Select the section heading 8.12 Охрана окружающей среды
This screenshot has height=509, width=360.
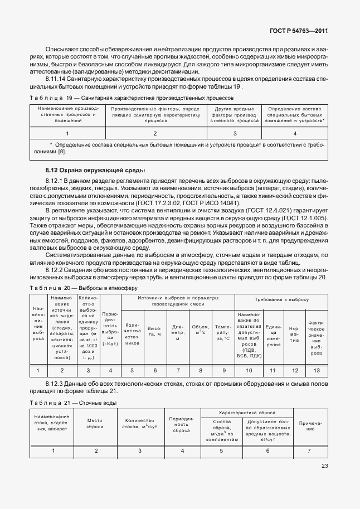(x=87, y=169)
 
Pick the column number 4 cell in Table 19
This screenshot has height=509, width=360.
(x=295, y=133)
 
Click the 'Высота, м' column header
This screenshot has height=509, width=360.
(x=155, y=331)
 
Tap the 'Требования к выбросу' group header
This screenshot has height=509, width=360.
(x=282, y=299)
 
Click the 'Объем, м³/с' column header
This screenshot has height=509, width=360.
(x=200, y=331)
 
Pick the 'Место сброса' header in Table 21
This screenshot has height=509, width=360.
(x=95, y=424)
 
